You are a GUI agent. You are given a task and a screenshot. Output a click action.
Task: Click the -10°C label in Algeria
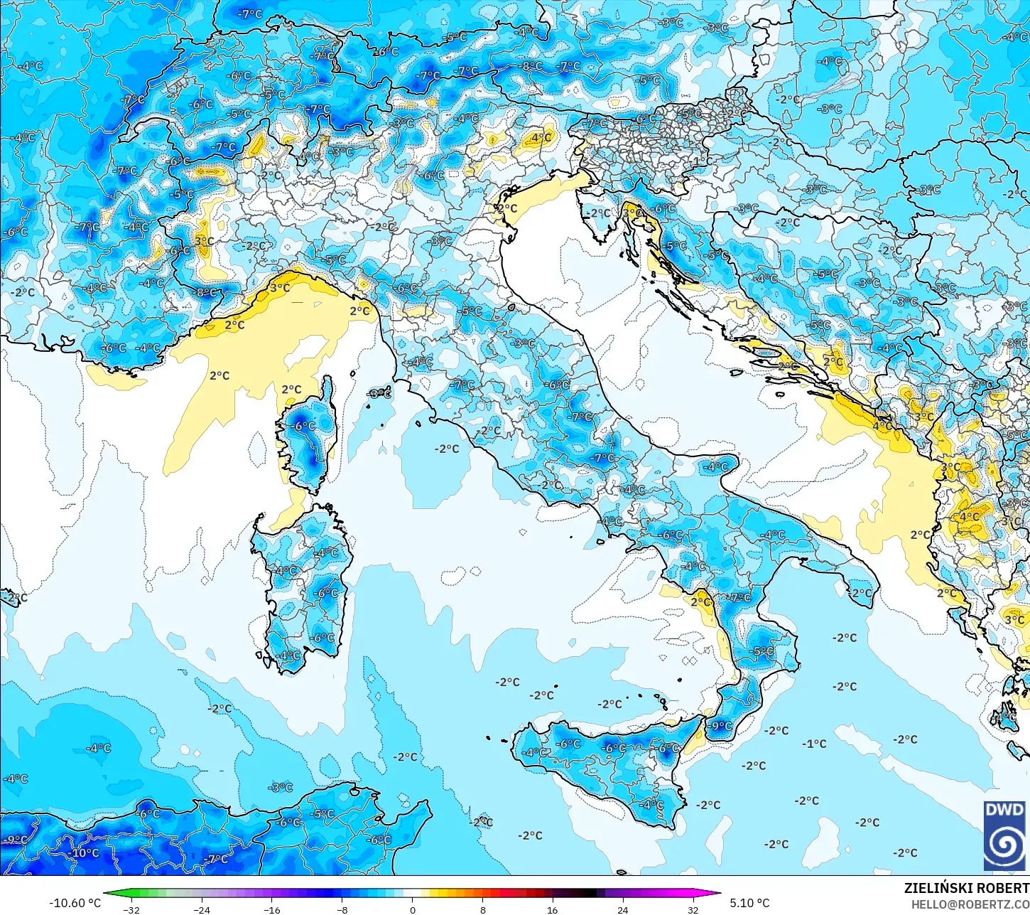coord(85,852)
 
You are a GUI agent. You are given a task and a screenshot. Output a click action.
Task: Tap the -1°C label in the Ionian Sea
coord(815,744)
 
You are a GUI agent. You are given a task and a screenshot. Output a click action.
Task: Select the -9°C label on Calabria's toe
coord(721,726)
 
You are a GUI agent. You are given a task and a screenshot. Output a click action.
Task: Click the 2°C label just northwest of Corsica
coord(291,389)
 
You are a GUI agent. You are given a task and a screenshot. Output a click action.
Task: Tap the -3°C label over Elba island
coord(379,392)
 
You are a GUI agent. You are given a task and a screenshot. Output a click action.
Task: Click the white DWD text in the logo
coord(1004,810)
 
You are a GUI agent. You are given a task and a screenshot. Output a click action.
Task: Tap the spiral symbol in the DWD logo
coord(1004,845)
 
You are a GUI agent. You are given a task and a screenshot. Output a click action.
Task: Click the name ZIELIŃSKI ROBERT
coord(966,888)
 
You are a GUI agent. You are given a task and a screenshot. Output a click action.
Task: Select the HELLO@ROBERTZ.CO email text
coord(970,904)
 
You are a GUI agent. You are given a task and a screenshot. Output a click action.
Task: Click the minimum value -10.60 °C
coord(75,903)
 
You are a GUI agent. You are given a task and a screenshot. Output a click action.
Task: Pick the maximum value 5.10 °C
coord(749,903)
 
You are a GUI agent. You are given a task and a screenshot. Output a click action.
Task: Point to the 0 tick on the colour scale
coord(413,909)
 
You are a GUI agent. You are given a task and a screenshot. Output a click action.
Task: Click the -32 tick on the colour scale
coord(131,909)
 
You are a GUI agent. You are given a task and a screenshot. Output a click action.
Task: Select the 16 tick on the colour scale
coord(553,909)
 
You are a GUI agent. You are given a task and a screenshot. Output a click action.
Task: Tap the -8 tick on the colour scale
coord(342,909)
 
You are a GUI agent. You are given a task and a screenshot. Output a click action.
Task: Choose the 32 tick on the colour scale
coord(693,909)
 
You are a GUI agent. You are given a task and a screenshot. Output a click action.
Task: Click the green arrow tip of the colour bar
coord(107,894)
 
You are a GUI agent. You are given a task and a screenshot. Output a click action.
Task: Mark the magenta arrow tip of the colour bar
coord(717,894)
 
